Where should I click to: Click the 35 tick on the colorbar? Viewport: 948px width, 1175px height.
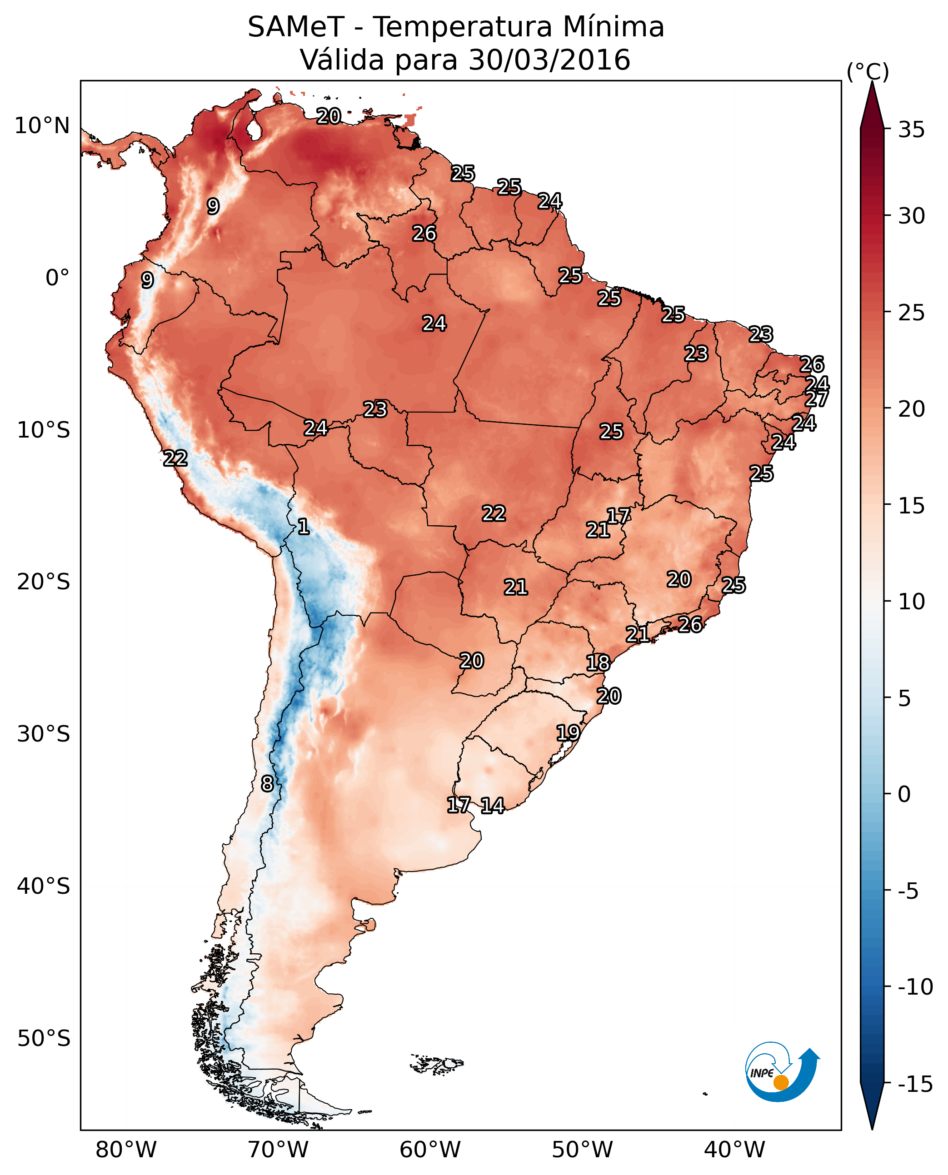point(911,130)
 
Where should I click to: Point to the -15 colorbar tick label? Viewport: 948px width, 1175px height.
point(915,1085)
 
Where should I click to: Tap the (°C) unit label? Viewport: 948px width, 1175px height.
point(868,71)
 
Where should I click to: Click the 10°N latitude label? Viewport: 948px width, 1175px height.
point(42,126)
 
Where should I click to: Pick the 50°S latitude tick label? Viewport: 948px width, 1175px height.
point(44,1038)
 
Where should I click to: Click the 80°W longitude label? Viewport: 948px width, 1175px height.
point(126,1150)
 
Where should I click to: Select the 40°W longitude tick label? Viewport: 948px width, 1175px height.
point(734,1150)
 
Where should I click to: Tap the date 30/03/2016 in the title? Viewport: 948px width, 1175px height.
point(549,60)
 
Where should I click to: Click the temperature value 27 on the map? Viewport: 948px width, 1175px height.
point(816,398)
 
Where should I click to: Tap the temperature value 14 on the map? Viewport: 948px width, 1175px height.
point(492,805)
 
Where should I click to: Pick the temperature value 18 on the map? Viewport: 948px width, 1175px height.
point(598,663)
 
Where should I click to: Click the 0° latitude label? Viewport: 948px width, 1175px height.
point(57,278)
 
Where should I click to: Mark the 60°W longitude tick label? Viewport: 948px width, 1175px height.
point(430,1150)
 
